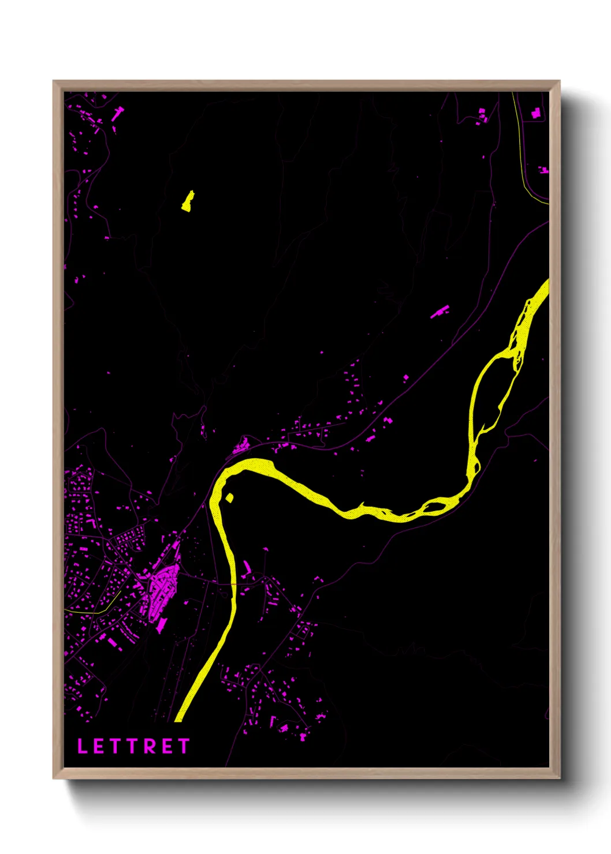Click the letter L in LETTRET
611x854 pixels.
tap(82, 746)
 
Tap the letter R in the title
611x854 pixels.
tap(150, 746)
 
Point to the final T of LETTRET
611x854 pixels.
tap(184, 746)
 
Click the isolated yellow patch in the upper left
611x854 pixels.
tap(188, 201)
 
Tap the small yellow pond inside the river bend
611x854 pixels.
tap(229, 497)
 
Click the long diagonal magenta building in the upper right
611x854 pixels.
tap(439, 312)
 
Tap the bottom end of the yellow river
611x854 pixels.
tap(178, 718)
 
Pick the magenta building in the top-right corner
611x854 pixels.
tap(536, 114)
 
